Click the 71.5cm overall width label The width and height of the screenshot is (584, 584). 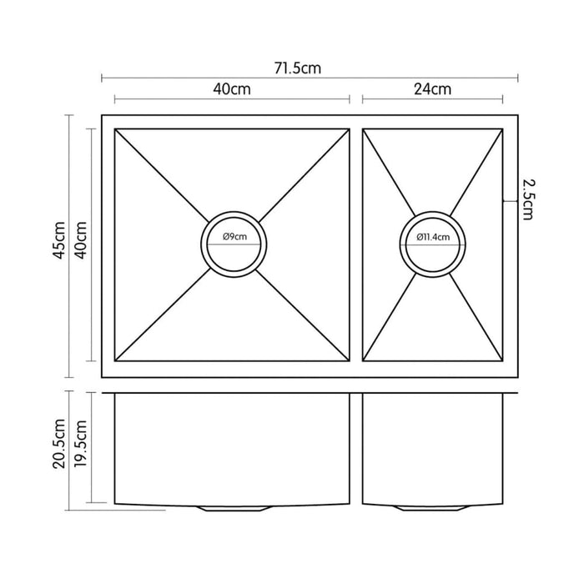[298, 69]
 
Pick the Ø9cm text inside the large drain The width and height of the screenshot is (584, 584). [234, 237]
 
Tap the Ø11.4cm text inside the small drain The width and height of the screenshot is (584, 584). [433, 237]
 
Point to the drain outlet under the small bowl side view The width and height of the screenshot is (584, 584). [432, 507]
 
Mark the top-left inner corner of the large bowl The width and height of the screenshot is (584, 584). [114, 129]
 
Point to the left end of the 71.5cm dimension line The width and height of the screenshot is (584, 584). [102, 79]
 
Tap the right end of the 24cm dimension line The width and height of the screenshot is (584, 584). [516, 99]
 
